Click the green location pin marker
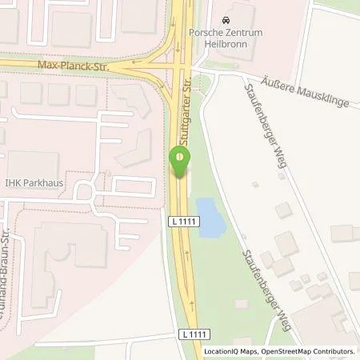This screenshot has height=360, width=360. pos(180,162)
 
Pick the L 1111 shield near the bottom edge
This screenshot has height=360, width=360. pos(186,332)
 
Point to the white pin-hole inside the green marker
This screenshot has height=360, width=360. pos(180,156)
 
